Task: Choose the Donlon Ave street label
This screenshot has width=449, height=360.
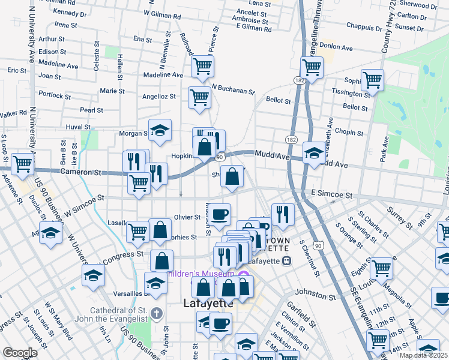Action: (336, 45)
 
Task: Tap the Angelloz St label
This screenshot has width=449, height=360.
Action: (158, 96)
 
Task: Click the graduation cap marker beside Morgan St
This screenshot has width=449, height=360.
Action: (160, 130)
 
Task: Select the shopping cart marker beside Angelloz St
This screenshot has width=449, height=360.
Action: (199, 97)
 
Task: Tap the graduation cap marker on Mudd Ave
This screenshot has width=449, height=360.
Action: (313, 153)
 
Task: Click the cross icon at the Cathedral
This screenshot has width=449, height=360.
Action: (157, 313)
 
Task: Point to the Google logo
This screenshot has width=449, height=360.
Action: (20, 353)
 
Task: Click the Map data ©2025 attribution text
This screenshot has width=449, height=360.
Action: (423, 355)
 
